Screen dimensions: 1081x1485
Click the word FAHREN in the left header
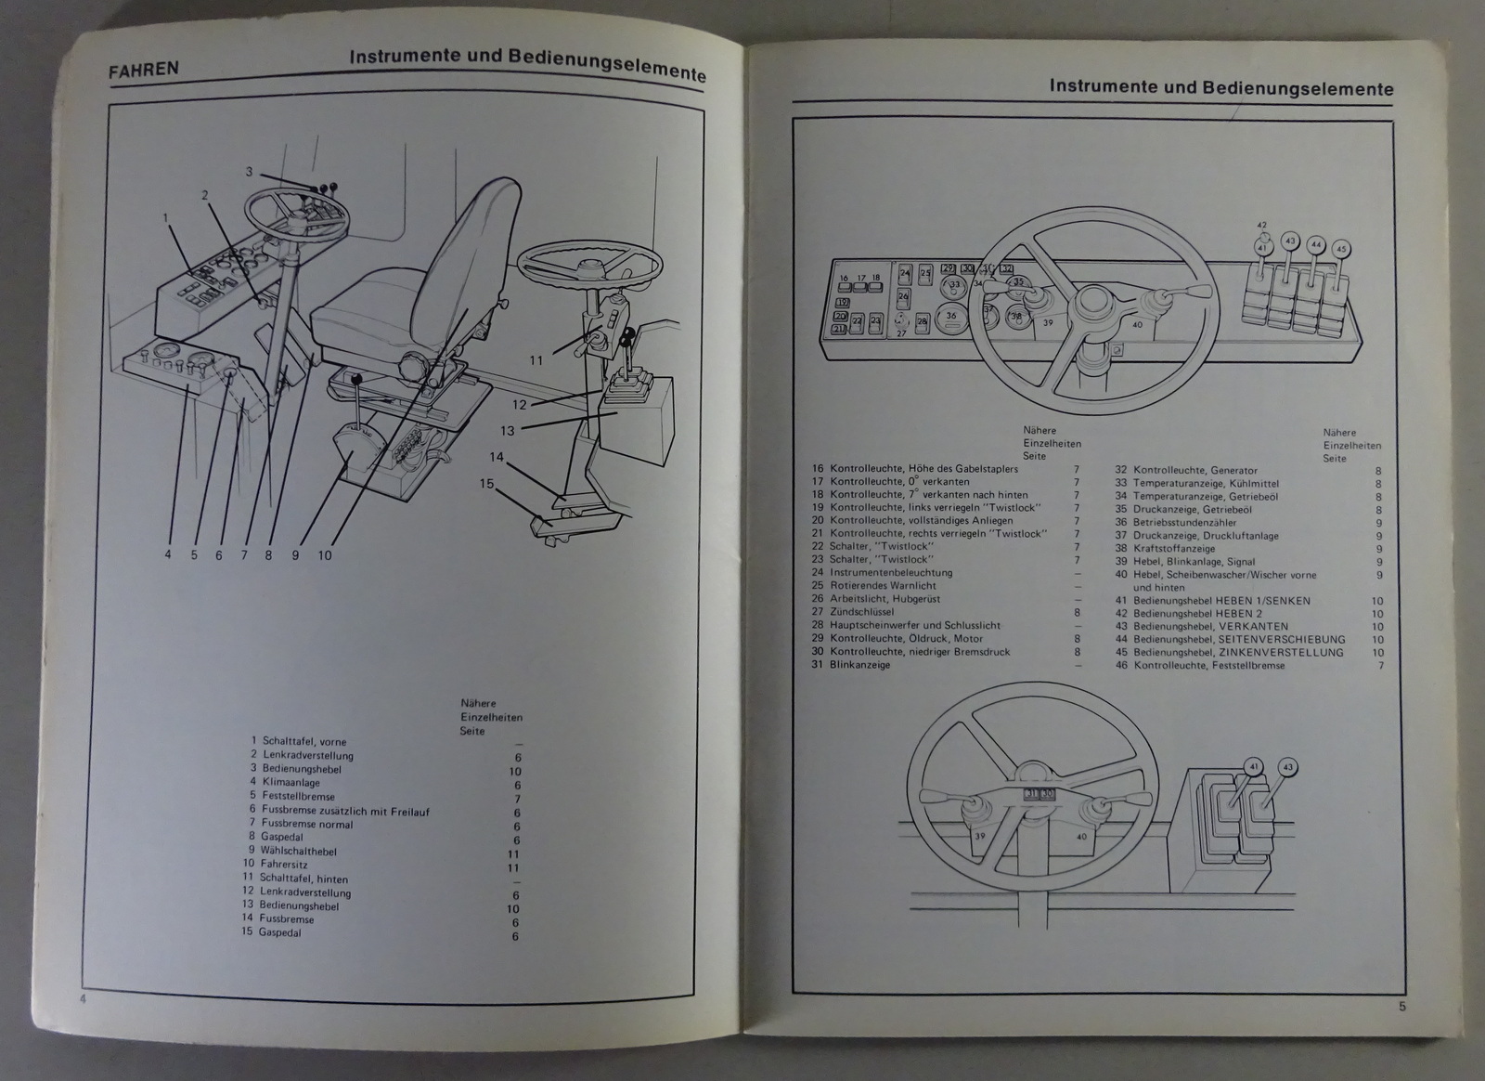[143, 70]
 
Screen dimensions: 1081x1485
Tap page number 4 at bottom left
[83, 998]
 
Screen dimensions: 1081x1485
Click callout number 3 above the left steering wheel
[249, 172]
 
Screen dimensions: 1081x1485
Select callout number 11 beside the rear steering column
[536, 359]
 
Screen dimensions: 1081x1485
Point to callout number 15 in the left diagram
[485, 483]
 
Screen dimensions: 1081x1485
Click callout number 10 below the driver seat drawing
[324, 555]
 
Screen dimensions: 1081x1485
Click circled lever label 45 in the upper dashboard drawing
[1339, 249]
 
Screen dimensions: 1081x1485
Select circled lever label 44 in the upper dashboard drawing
[1314, 244]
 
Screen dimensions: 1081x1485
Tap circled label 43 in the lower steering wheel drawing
[1287, 767]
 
